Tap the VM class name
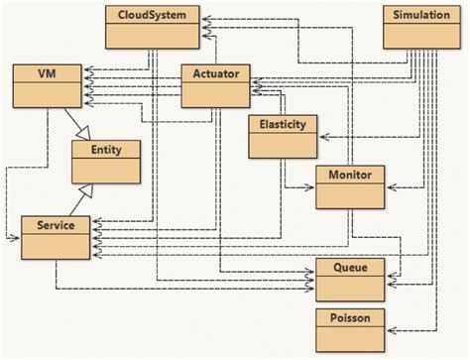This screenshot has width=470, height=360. click(46, 74)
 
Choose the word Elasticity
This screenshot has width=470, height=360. click(283, 125)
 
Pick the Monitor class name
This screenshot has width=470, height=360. click(349, 175)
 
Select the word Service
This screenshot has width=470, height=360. click(56, 225)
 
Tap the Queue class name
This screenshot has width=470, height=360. click(349, 267)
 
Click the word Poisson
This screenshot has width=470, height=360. click(349, 316)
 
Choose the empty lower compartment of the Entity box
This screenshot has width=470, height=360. click(104, 172)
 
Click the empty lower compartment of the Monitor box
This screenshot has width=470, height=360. click(349, 197)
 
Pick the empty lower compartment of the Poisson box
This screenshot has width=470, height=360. click(349, 340)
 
